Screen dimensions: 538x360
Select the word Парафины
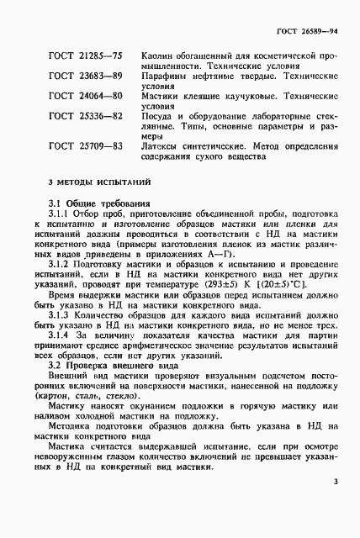(167, 76)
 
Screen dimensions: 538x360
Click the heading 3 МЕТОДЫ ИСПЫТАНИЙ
(99, 182)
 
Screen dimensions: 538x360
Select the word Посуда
(161, 116)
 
